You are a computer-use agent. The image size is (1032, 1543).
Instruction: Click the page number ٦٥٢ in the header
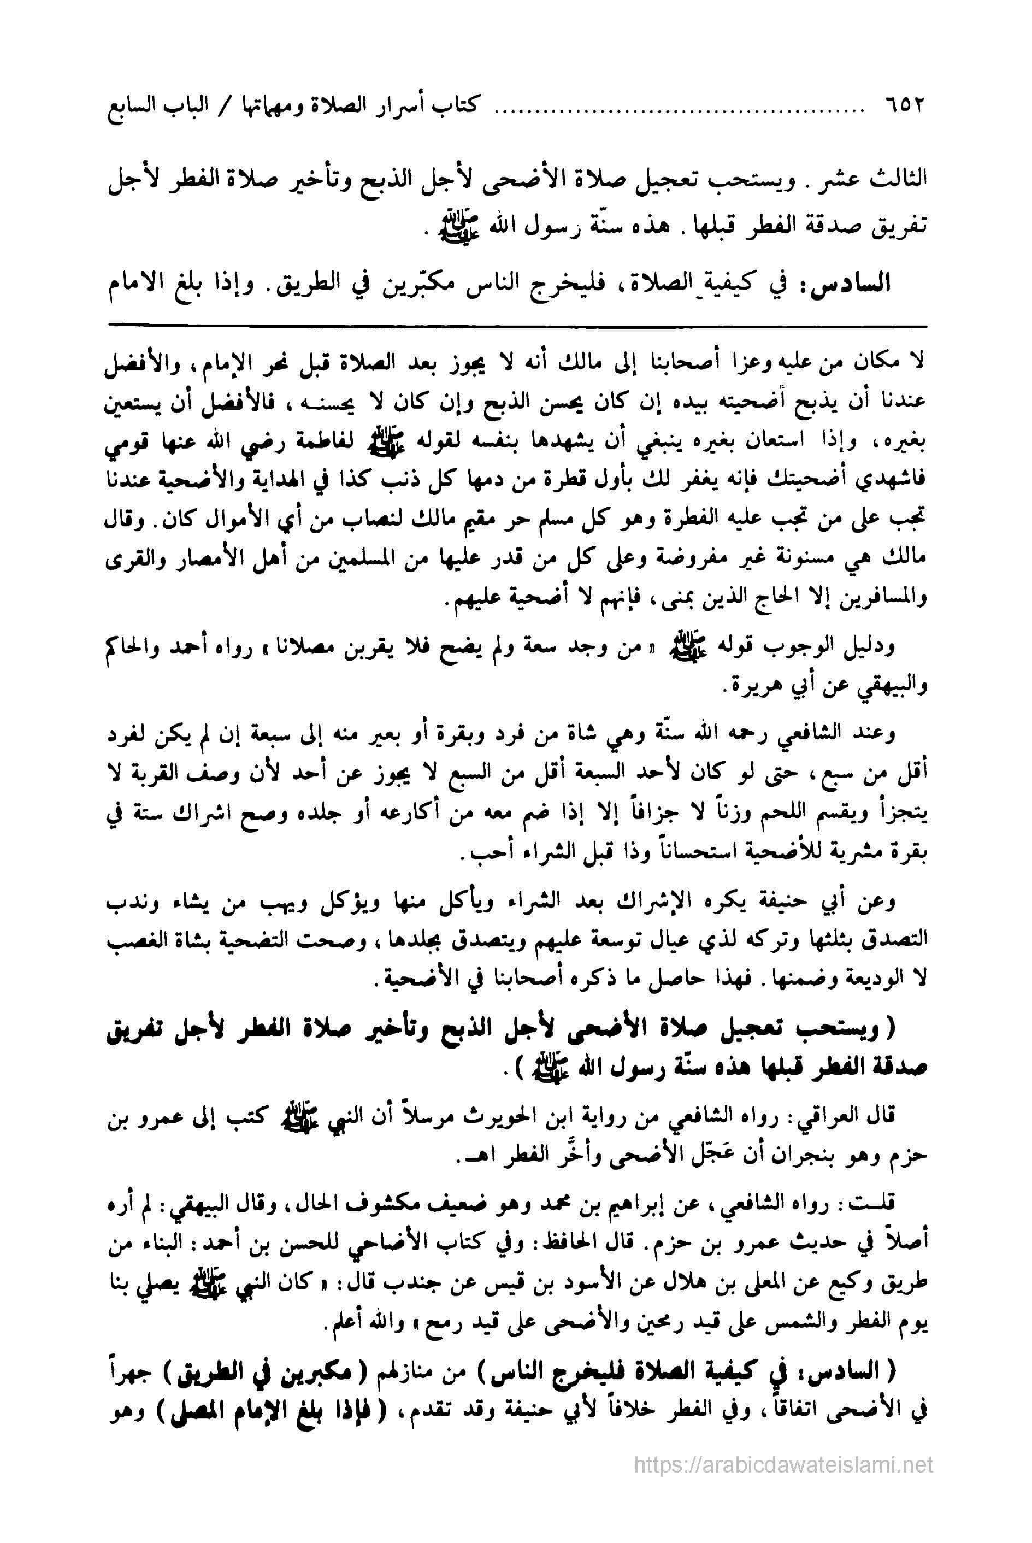point(903,105)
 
